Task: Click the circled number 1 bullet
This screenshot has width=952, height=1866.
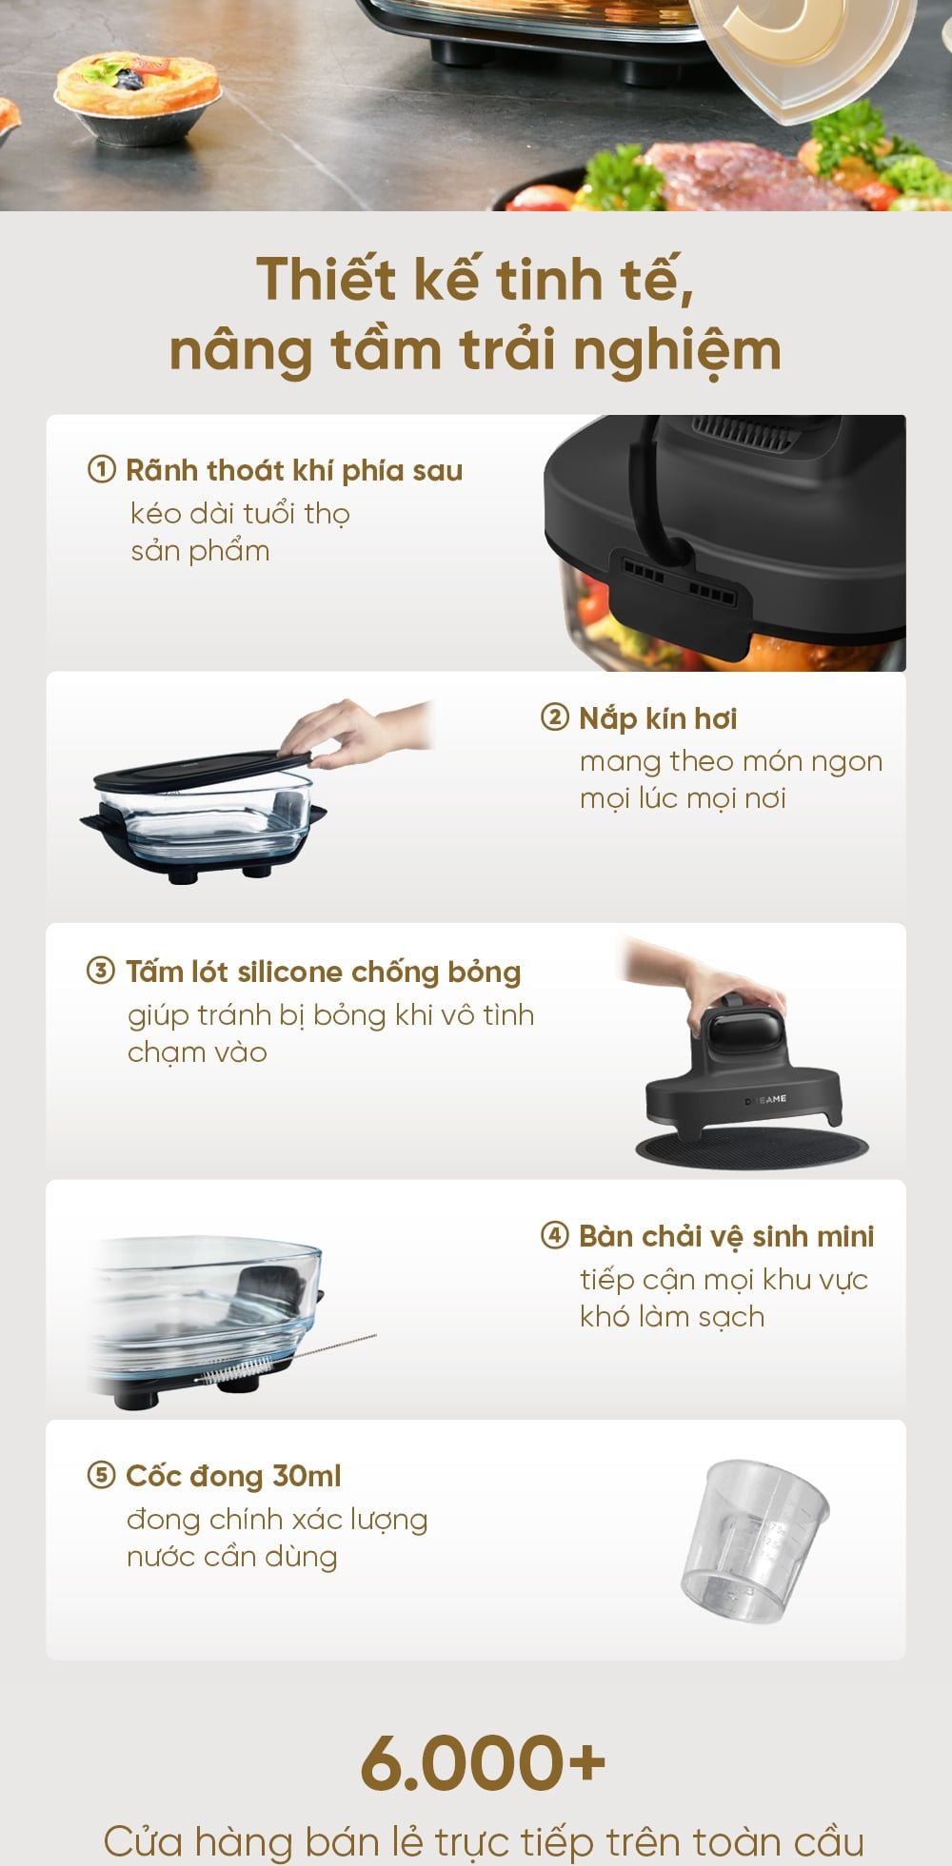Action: tap(100, 470)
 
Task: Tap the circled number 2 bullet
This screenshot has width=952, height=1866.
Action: tap(554, 717)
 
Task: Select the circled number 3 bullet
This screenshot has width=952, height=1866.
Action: tap(100, 972)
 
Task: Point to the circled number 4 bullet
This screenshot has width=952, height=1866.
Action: tap(554, 1236)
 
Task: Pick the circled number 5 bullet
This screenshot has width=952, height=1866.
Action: tap(100, 1476)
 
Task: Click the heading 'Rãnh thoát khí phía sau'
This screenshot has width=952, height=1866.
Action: tap(294, 470)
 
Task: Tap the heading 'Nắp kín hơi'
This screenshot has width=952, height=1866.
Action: tap(658, 717)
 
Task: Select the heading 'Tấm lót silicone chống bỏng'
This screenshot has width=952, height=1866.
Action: tap(324, 972)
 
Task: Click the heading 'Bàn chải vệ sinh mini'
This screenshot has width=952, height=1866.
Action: tap(726, 1236)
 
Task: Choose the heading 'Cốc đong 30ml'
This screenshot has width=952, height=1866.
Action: tap(233, 1476)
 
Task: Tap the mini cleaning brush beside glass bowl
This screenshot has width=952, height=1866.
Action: tap(285, 1358)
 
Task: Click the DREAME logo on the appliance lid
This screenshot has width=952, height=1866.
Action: tap(765, 1099)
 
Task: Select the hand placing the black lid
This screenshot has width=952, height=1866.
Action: tap(357, 734)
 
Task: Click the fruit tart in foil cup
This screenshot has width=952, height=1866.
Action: tap(138, 100)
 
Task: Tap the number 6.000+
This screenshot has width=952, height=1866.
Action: tap(483, 1761)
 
